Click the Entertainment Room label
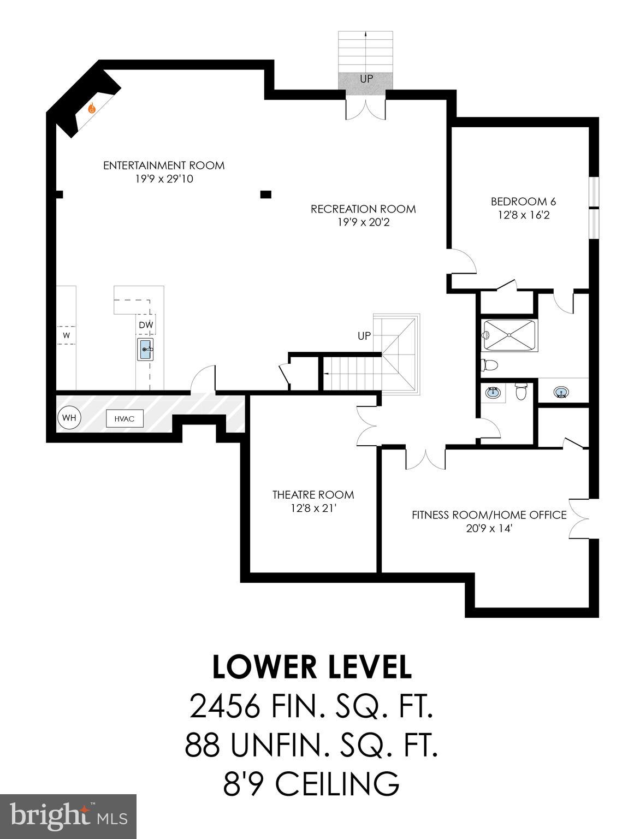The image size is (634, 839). coord(164,165)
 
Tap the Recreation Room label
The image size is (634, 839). coord(363,209)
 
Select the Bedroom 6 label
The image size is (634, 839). coord(523,201)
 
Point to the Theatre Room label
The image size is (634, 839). coord(313,494)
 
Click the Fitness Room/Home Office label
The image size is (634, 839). coord(489,515)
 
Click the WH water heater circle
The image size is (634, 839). coord(69,418)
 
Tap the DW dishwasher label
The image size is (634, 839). coord(146,326)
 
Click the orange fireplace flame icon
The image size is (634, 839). coord(92,109)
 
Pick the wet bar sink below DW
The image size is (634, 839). coord(145,349)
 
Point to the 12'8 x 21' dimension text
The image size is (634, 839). coord(313,508)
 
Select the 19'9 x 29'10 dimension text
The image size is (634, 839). coord(164,179)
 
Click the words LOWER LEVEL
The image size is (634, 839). coord(312,667)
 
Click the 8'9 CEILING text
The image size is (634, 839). coord(311,783)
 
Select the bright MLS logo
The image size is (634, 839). coord(68,817)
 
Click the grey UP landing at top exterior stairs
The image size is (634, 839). coord(366,79)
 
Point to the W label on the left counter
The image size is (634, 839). coord(66,335)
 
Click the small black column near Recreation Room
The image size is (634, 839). coord(266,193)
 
